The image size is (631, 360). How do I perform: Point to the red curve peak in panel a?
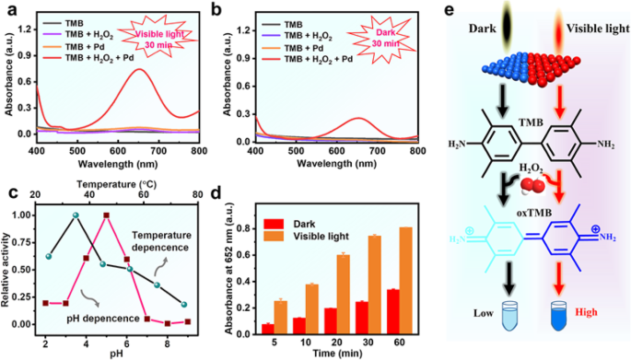[140, 69]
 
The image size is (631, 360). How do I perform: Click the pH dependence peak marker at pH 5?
[107, 215]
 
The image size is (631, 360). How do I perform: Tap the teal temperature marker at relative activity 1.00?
[76, 215]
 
